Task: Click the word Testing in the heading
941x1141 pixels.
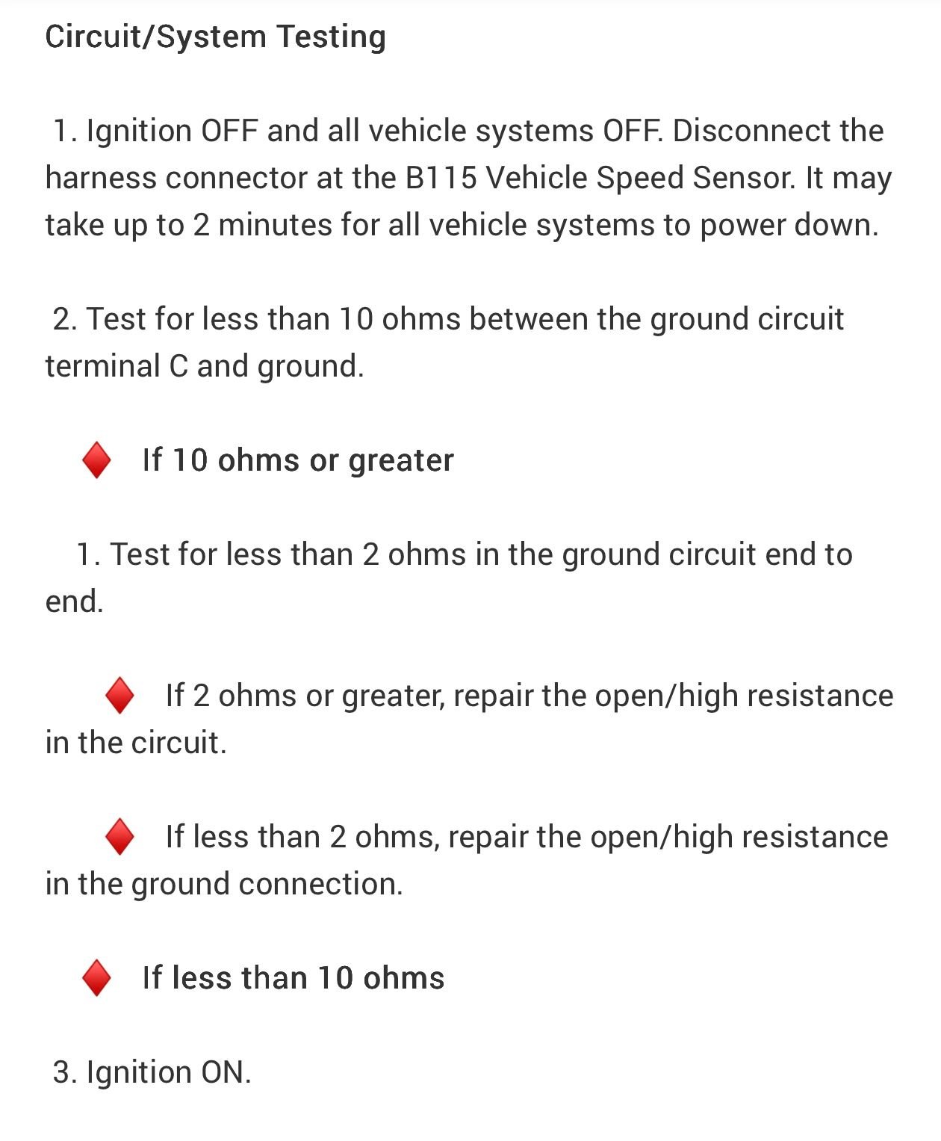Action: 331,37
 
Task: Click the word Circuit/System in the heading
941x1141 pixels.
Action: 155,37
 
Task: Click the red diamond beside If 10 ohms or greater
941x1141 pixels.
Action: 96,460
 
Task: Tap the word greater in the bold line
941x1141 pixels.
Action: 401,461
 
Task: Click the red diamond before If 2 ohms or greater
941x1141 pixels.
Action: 119,696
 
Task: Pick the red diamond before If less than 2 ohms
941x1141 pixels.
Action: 119,837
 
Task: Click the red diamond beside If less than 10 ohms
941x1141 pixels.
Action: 96,978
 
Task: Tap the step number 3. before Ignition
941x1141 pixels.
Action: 64,1073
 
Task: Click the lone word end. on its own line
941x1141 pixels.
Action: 74,602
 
